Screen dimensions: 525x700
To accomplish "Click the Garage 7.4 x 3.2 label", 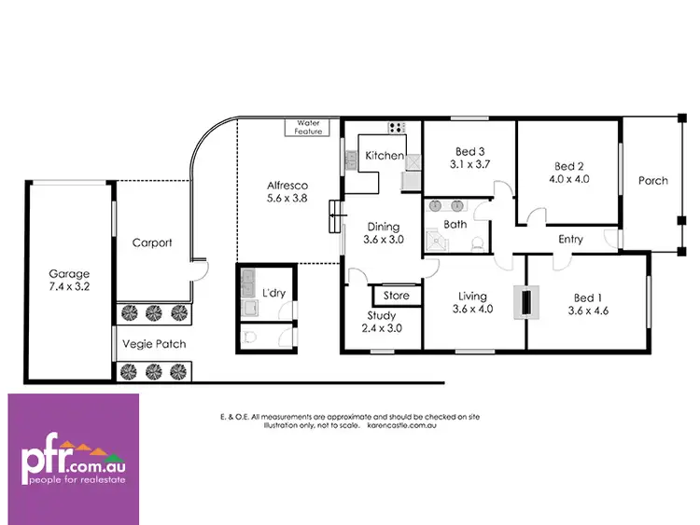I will point(70,281).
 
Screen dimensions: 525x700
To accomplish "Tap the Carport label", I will point(152,242).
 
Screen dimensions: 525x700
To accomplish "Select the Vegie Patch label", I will point(154,344).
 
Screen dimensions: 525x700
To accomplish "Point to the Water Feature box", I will point(308,127).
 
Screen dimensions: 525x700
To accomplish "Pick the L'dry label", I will point(273,293).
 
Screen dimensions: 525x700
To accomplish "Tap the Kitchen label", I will point(384,156).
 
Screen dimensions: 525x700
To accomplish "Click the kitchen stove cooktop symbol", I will point(396,128).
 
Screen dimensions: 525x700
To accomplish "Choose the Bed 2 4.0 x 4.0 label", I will point(569,174).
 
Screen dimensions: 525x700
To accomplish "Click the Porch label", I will point(653,180).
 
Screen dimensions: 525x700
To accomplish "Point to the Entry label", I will point(570,240).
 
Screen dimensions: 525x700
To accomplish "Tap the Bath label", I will point(455,224).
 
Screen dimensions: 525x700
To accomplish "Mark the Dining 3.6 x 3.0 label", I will point(383,233).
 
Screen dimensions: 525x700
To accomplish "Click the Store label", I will point(397,296).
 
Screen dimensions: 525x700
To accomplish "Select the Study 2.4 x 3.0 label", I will point(382,323).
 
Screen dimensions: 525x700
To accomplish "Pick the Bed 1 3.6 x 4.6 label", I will point(587,304).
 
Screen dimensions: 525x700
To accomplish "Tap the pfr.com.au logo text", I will point(74,460).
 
